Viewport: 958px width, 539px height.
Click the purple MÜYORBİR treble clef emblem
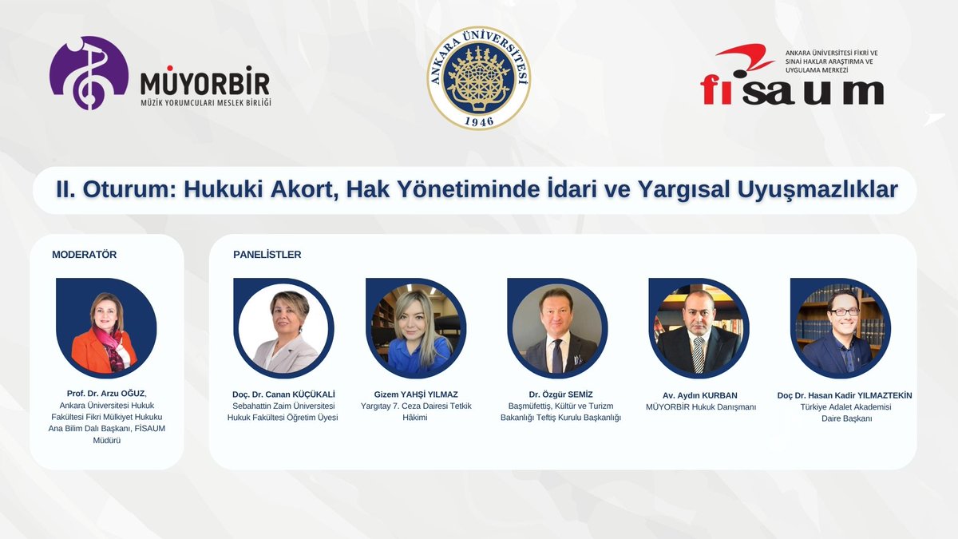(89, 73)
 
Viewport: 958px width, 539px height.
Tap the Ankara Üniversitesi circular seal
(479, 78)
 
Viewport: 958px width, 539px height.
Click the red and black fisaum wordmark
(791, 89)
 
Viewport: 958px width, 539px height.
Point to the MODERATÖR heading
(84, 255)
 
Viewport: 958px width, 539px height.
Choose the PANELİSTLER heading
(267, 255)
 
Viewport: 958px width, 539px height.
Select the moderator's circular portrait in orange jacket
(106, 328)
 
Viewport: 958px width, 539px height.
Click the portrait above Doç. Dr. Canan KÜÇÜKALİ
(283, 328)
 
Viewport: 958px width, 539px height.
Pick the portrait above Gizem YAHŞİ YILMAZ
(416, 328)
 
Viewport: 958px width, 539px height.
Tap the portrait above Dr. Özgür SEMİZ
(557, 328)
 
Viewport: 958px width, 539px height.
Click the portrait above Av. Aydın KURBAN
(699, 328)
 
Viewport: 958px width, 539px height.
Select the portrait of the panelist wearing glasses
(840, 328)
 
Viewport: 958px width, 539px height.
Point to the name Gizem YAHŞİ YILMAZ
(416, 394)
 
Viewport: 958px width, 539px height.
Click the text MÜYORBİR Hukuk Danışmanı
(700, 407)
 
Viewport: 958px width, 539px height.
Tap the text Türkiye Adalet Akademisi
(845, 407)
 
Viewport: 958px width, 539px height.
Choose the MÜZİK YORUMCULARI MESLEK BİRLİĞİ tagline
(205, 102)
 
